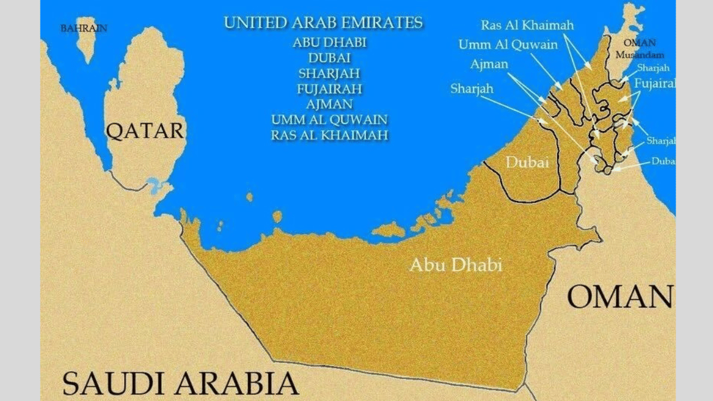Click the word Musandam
pyautogui.click(x=639, y=55)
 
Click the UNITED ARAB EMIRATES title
pyautogui.click(x=323, y=23)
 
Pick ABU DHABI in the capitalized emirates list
pyautogui.click(x=329, y=43)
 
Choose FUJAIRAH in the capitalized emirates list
pyautogui.click(x=329, y=89)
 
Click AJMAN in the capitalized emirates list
pyautogui.click(x=329, y=105)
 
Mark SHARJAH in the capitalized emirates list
pyautogui.click(x=329, y=74)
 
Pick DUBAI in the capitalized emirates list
pyautogui.click(x=329, y=58)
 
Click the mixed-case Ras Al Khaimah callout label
pyautogui.click(x=527, y=26)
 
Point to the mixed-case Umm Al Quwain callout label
pyautogui.click(x=508, y=45)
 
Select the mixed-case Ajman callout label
pyautogui.click(x=489, y=64)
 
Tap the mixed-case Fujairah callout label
pyautogui.click(x=654, y=84)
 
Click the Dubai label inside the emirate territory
pyautogui.click(x=526, y=162)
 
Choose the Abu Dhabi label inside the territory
pyautogui.click(x=456, y=264)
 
